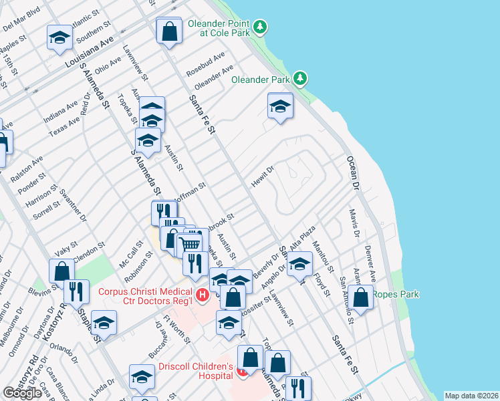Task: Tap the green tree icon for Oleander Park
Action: tap(301, 79)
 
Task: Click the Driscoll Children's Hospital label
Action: tap(195, 372)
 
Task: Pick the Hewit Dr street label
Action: tap(263, 176)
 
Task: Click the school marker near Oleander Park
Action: tap(280, 106)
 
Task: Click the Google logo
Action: tap(22, 393)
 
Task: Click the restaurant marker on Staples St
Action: tap(76, 291)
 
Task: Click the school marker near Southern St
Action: tap(59, 38)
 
